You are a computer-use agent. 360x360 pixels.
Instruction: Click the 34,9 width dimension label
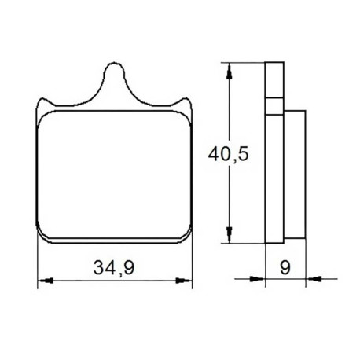[x=114, y=267]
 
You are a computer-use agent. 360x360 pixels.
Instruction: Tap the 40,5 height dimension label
[x=228, y=154]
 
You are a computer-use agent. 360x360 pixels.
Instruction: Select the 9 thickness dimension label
[x=285, y=267]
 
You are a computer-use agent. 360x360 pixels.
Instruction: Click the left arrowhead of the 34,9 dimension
[x=46, y=281]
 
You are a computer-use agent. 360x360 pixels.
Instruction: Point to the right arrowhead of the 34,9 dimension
[x=184, y=281]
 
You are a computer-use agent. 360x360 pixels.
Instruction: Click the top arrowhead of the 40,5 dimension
[x=230, y=71]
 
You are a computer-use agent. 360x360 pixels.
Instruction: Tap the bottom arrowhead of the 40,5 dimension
[x=230, y=235]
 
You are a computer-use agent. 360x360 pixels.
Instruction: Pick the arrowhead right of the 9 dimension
[x=314, y=279]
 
